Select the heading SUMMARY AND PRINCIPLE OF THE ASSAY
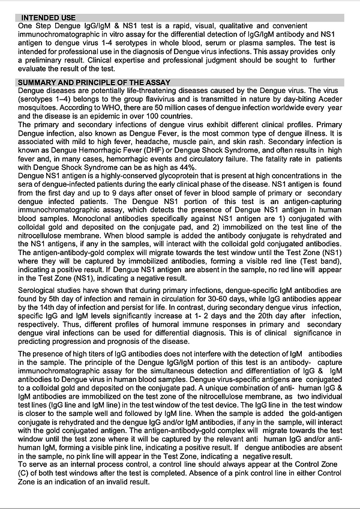94,82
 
